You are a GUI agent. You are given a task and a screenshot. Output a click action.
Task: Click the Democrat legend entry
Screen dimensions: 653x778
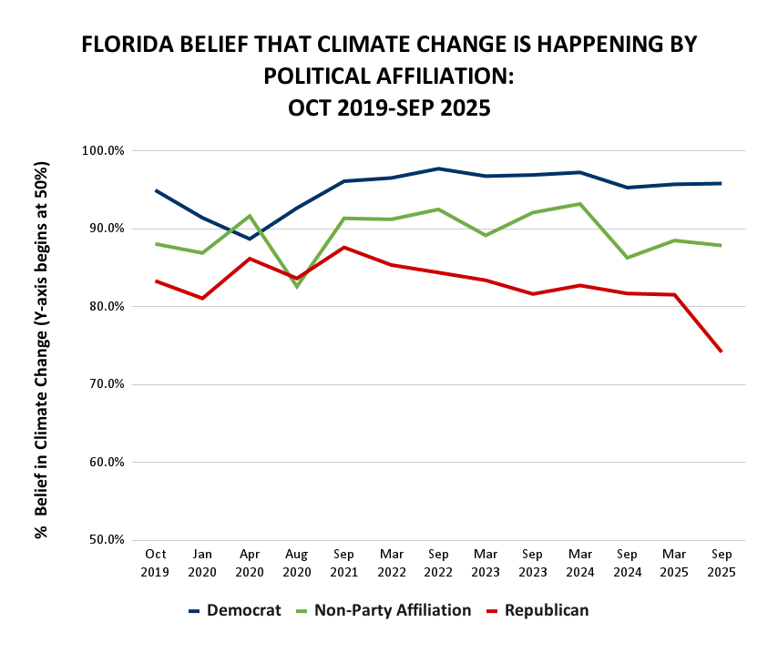pos(234,610)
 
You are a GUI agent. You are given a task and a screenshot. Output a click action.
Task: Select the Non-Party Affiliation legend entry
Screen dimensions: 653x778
pos(383,610)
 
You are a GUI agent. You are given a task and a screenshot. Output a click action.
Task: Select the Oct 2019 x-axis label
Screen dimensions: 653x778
pos(155,562)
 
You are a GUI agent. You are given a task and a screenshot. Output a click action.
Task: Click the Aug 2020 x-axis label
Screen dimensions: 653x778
pos(296,562)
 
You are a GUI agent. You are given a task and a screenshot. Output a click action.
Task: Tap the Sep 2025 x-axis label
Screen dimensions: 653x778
pos(721,562)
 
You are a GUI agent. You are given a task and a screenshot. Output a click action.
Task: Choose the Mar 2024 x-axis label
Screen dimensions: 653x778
pos(579,562)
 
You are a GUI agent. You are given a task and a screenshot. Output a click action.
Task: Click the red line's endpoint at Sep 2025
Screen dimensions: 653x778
pos(721,351)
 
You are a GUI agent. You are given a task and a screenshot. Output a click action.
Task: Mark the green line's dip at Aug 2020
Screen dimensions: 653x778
pos(296,287)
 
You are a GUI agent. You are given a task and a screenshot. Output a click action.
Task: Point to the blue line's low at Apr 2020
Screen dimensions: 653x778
pos(249,239)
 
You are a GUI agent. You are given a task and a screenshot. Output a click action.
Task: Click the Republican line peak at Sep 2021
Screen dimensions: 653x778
pos(343,247)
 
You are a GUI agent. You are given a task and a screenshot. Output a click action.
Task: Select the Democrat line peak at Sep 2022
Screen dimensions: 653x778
pos(438,168)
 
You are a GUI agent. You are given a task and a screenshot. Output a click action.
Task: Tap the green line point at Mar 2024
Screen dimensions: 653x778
pos(579,204)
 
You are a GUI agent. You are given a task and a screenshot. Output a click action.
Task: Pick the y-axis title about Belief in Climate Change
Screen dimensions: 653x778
pos(41,351)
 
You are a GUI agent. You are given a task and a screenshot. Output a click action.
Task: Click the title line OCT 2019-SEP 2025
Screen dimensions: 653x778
pos(389,107)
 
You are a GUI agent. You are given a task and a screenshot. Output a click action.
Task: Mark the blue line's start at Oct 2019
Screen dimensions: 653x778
pos(156,190)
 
